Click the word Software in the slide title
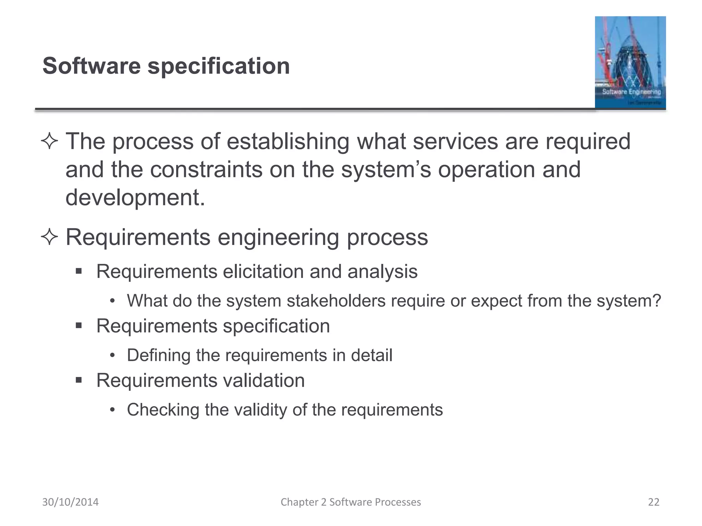tap(92, 66)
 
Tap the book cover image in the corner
tap(630, 62)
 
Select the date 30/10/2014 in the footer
tap(70, 502)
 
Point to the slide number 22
tap(654, 502)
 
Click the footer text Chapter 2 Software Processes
tap(351, 502)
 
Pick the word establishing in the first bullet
tap(288, 141)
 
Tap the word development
tap(135, 198)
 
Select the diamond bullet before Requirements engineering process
tap(49, 237)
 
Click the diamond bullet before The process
tap(49, 141)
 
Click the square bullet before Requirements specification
tap(79, 325)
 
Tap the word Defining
tap(158, 355)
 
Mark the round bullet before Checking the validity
tap(112, 410)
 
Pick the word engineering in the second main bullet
tap(278, 237)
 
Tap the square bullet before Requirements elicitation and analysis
tap(79, 271)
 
